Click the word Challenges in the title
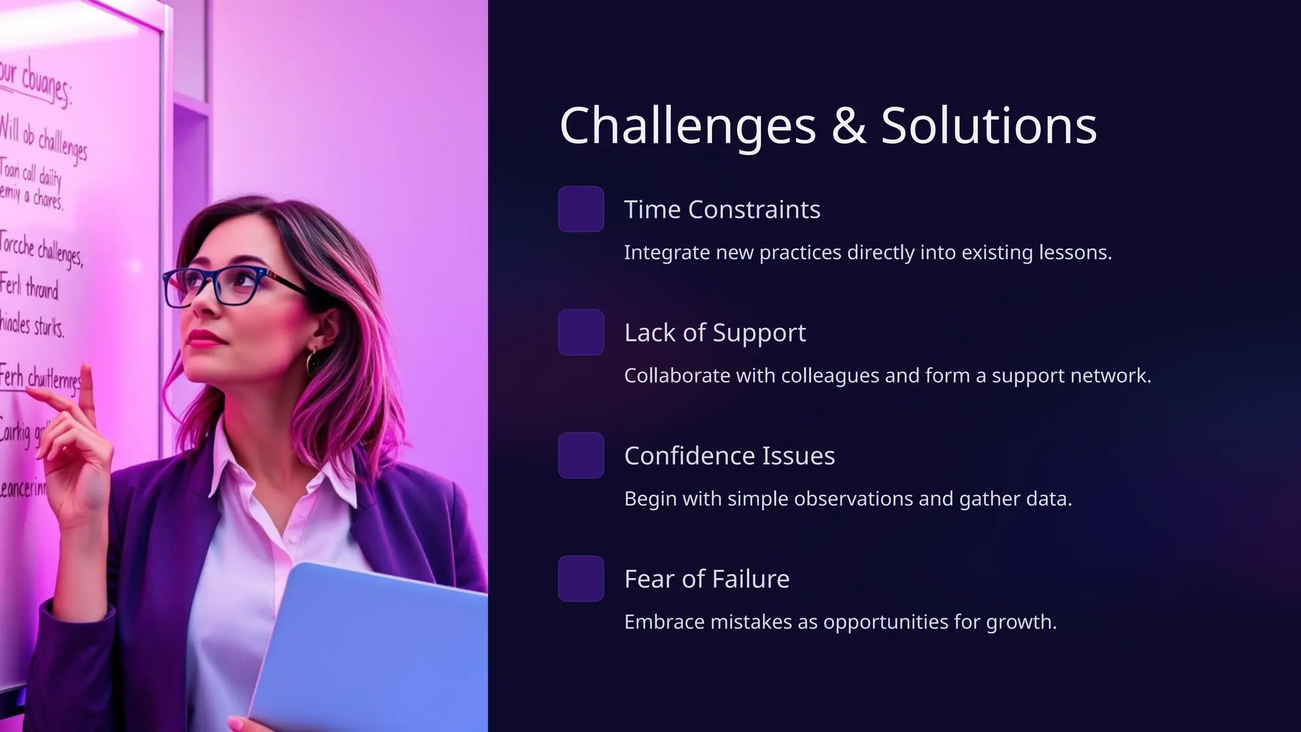[687, 126]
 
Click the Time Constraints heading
[722, 210]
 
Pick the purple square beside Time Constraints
[581, 209]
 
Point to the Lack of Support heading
[715, 333]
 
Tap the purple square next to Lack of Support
[581, 332]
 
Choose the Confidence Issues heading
[729, 456]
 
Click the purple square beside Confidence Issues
[581, 456]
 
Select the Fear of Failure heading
[706, 579]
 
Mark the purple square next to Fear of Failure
[581, 579]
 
